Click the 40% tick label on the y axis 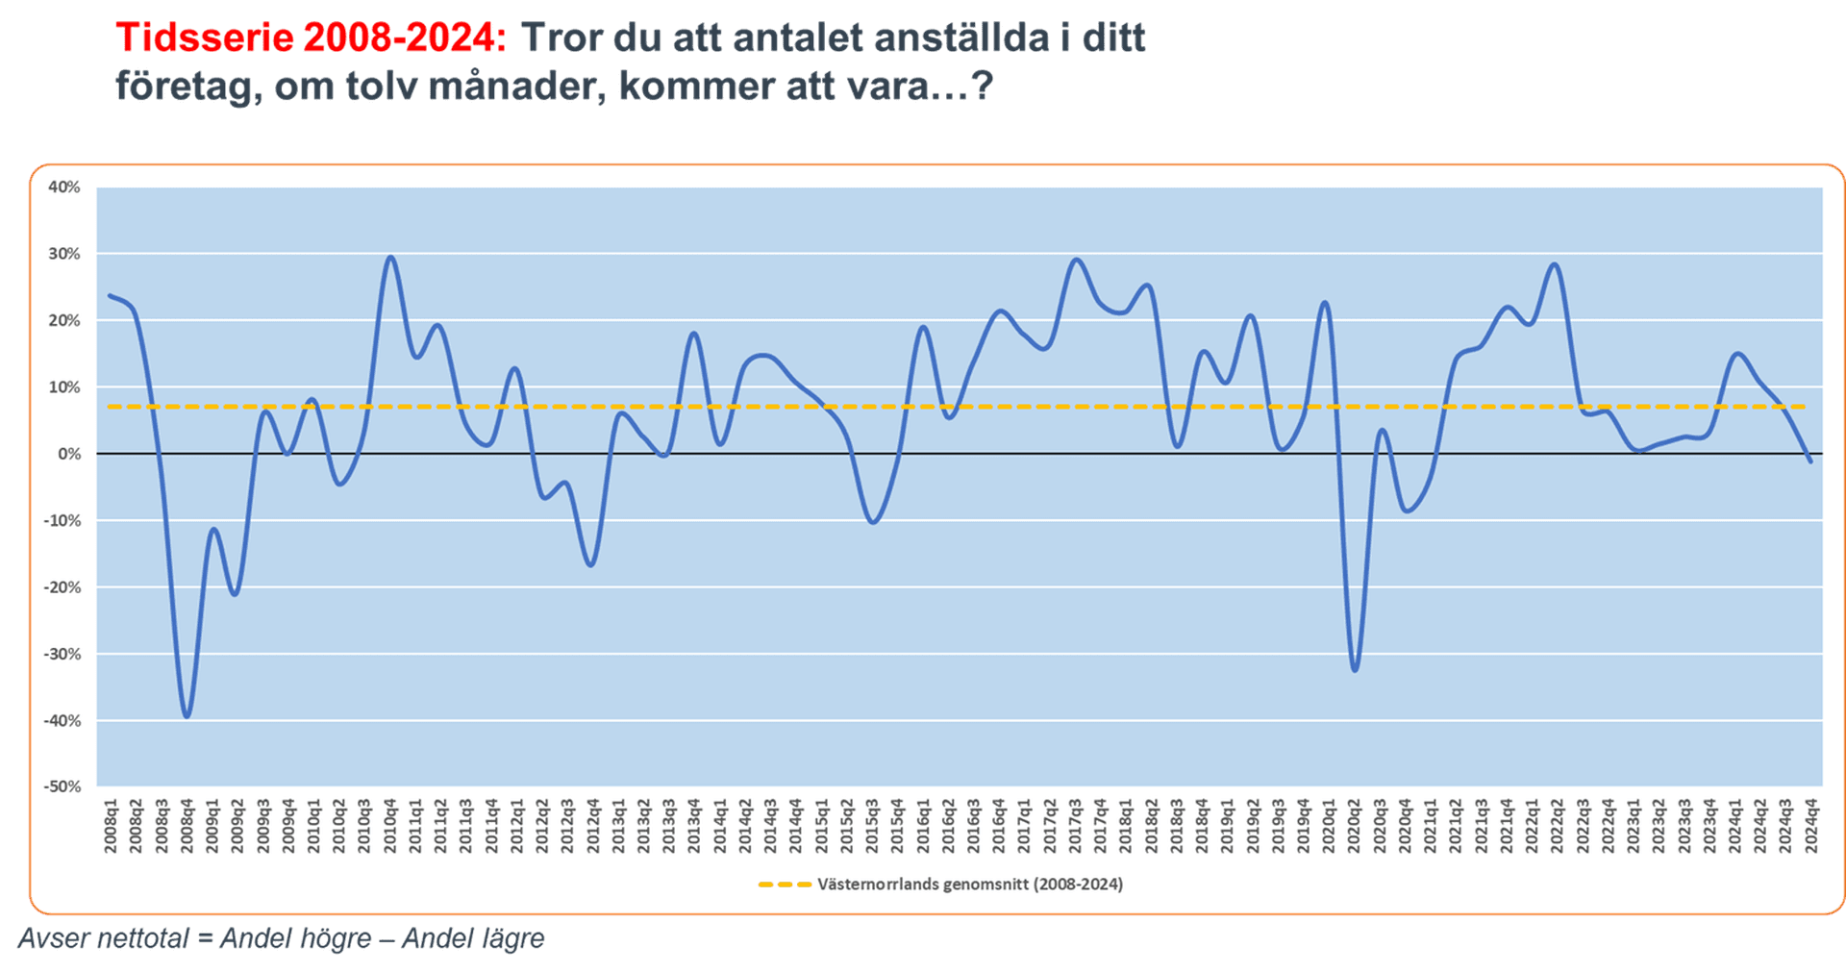tap(63, 187)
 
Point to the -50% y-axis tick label tap(62, 786)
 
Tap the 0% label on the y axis tap(69, 454)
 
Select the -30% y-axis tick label tap(62, 654)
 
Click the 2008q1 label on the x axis tap(111, 825)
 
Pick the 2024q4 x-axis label tap(1811, 825)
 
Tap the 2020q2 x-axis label tap(1355, 825)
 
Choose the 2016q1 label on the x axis tap(923, 825)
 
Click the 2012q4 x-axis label tap(593, 825)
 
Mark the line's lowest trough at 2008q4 tap(187, 716)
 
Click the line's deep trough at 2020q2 tap(1355, 670)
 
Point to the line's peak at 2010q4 tap(389, 257)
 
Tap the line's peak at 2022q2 tap(1556, 264)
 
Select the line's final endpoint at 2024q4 tap(1811, 462)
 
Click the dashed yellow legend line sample tap(784, 885)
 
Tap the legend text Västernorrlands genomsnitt tap(969, 885)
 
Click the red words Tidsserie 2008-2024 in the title tap(311, 38)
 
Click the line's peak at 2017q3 tap(1076, 260)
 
